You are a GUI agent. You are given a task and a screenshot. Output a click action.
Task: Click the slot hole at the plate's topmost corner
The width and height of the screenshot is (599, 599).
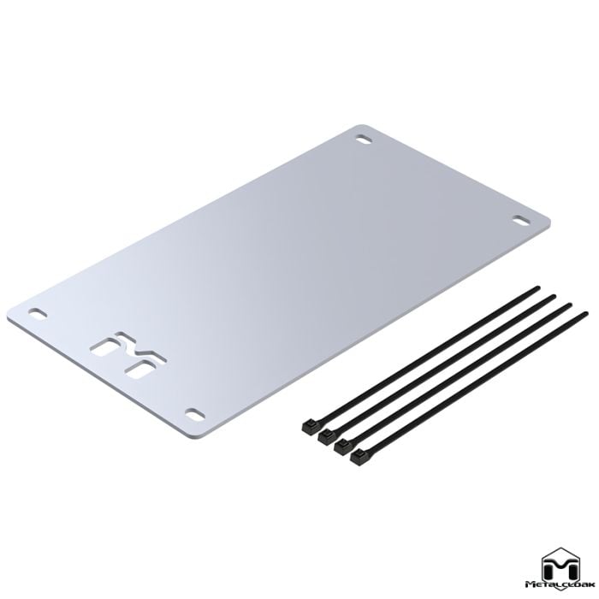click(365, 139)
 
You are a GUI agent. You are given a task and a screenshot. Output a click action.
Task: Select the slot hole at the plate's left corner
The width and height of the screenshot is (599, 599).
click(39, 313)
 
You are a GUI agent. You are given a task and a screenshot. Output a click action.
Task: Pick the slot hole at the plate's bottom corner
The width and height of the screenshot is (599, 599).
click(195, 414)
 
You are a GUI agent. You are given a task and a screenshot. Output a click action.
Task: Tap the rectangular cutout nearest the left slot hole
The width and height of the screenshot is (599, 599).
click(104, 348)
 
